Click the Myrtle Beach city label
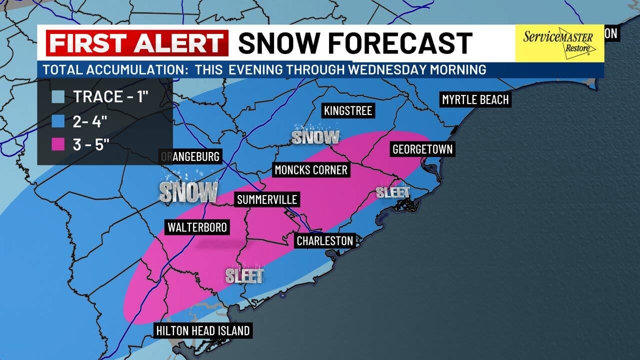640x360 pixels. pos(475,99)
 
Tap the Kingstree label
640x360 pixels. pos(348,110)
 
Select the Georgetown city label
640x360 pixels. pos(422,149)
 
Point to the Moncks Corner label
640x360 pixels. pos(311,170)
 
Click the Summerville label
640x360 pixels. pos(267,199)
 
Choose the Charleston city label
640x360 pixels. pos(325,240)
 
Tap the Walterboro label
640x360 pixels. pos(197,227)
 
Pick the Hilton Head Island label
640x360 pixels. pos(202,330)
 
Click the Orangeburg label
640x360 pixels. pos(190,156)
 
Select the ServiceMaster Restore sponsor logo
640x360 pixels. pos(558,43)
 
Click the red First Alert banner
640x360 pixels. pos(137,43)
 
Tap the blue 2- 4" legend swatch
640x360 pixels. pos(58,120)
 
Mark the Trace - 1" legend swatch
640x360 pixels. pos(58,96)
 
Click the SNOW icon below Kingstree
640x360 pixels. pos(315,136)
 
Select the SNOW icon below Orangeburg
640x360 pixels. pos(188,191)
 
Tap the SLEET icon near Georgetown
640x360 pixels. pos(393,191)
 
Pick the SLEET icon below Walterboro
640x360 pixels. pos(244,274)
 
